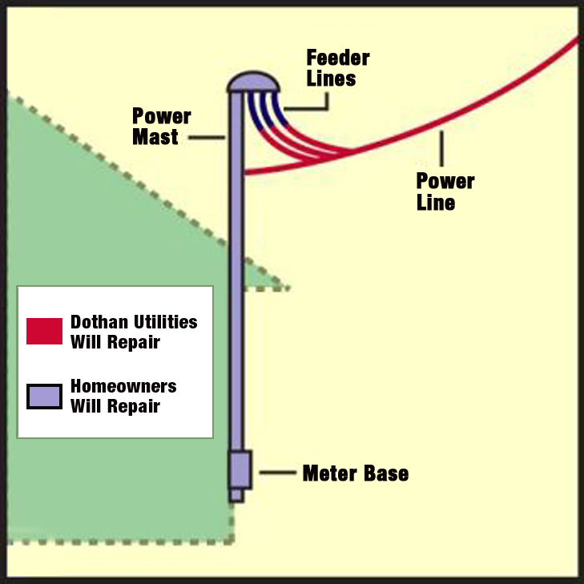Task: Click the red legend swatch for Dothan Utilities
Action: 44,332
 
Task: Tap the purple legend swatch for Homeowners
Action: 44,396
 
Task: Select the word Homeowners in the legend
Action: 123,386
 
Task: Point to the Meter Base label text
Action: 355,473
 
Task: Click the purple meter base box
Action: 240,469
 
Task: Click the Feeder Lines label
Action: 338,68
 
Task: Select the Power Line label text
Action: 445,191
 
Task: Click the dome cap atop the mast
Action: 253,82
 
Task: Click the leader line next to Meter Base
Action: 277,473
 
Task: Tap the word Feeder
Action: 338,58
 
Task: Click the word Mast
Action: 155,137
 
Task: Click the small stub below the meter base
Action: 236,495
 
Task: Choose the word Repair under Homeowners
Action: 135,406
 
